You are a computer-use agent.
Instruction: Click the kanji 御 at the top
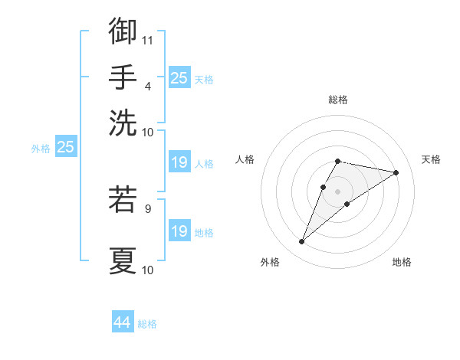coord(123,31)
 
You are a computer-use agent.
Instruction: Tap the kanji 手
coord(123,77)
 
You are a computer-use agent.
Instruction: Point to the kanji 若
coord(123,199)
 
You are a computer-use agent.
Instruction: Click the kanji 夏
coord(123,260)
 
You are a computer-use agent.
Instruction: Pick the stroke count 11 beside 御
coord(148,40)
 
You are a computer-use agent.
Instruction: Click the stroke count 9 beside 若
coord(147,207)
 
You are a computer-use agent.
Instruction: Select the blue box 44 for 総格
coord(123,323)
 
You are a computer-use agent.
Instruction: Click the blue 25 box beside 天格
coord(179,78)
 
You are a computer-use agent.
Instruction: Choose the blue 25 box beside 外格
coord(65,148)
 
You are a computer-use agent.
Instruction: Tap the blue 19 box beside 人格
coord(179,162)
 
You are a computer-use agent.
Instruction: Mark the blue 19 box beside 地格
coord(179,231)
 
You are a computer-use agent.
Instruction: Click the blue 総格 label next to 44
coord(147,324)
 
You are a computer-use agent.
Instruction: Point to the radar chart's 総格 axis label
coord(337,100)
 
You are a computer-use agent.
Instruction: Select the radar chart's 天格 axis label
coord(431,159)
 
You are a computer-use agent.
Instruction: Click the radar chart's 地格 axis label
coord(402,263)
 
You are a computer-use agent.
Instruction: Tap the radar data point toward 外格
coord(301,242)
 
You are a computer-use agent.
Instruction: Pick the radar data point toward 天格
coord(396,172)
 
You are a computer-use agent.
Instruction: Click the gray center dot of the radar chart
coord(337,191)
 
